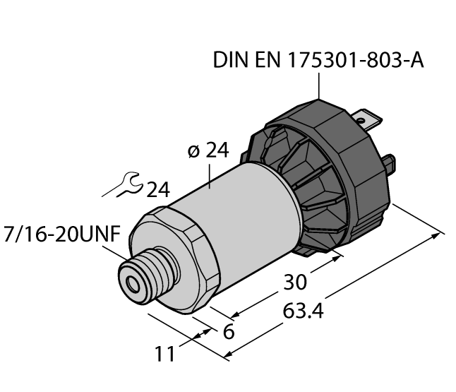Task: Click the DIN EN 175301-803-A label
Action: [318, 62]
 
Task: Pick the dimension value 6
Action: [228, 331]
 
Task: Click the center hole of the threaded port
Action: [131, 284]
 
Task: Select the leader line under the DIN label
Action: [318, 88]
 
